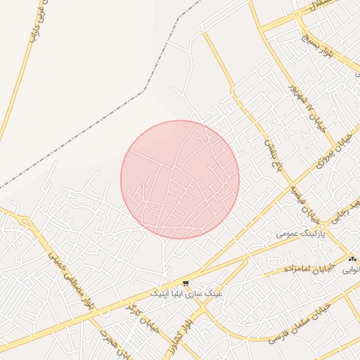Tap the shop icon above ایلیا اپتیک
click(186, 283)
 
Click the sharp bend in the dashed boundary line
click(146, 90)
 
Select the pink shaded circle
click(180, 179)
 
